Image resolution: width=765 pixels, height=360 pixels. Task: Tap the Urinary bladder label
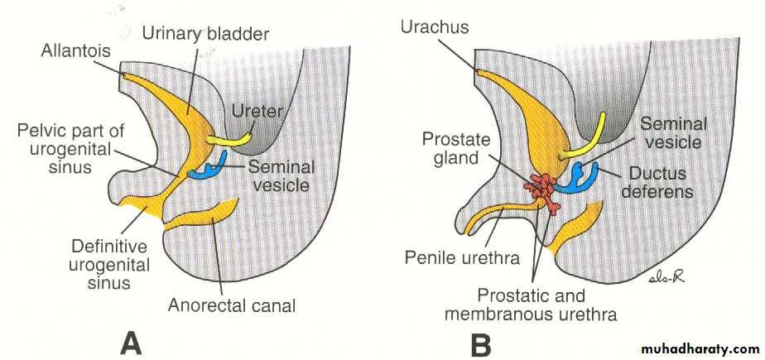coord(204,33)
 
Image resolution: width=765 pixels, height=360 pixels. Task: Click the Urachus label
coord(435,28)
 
